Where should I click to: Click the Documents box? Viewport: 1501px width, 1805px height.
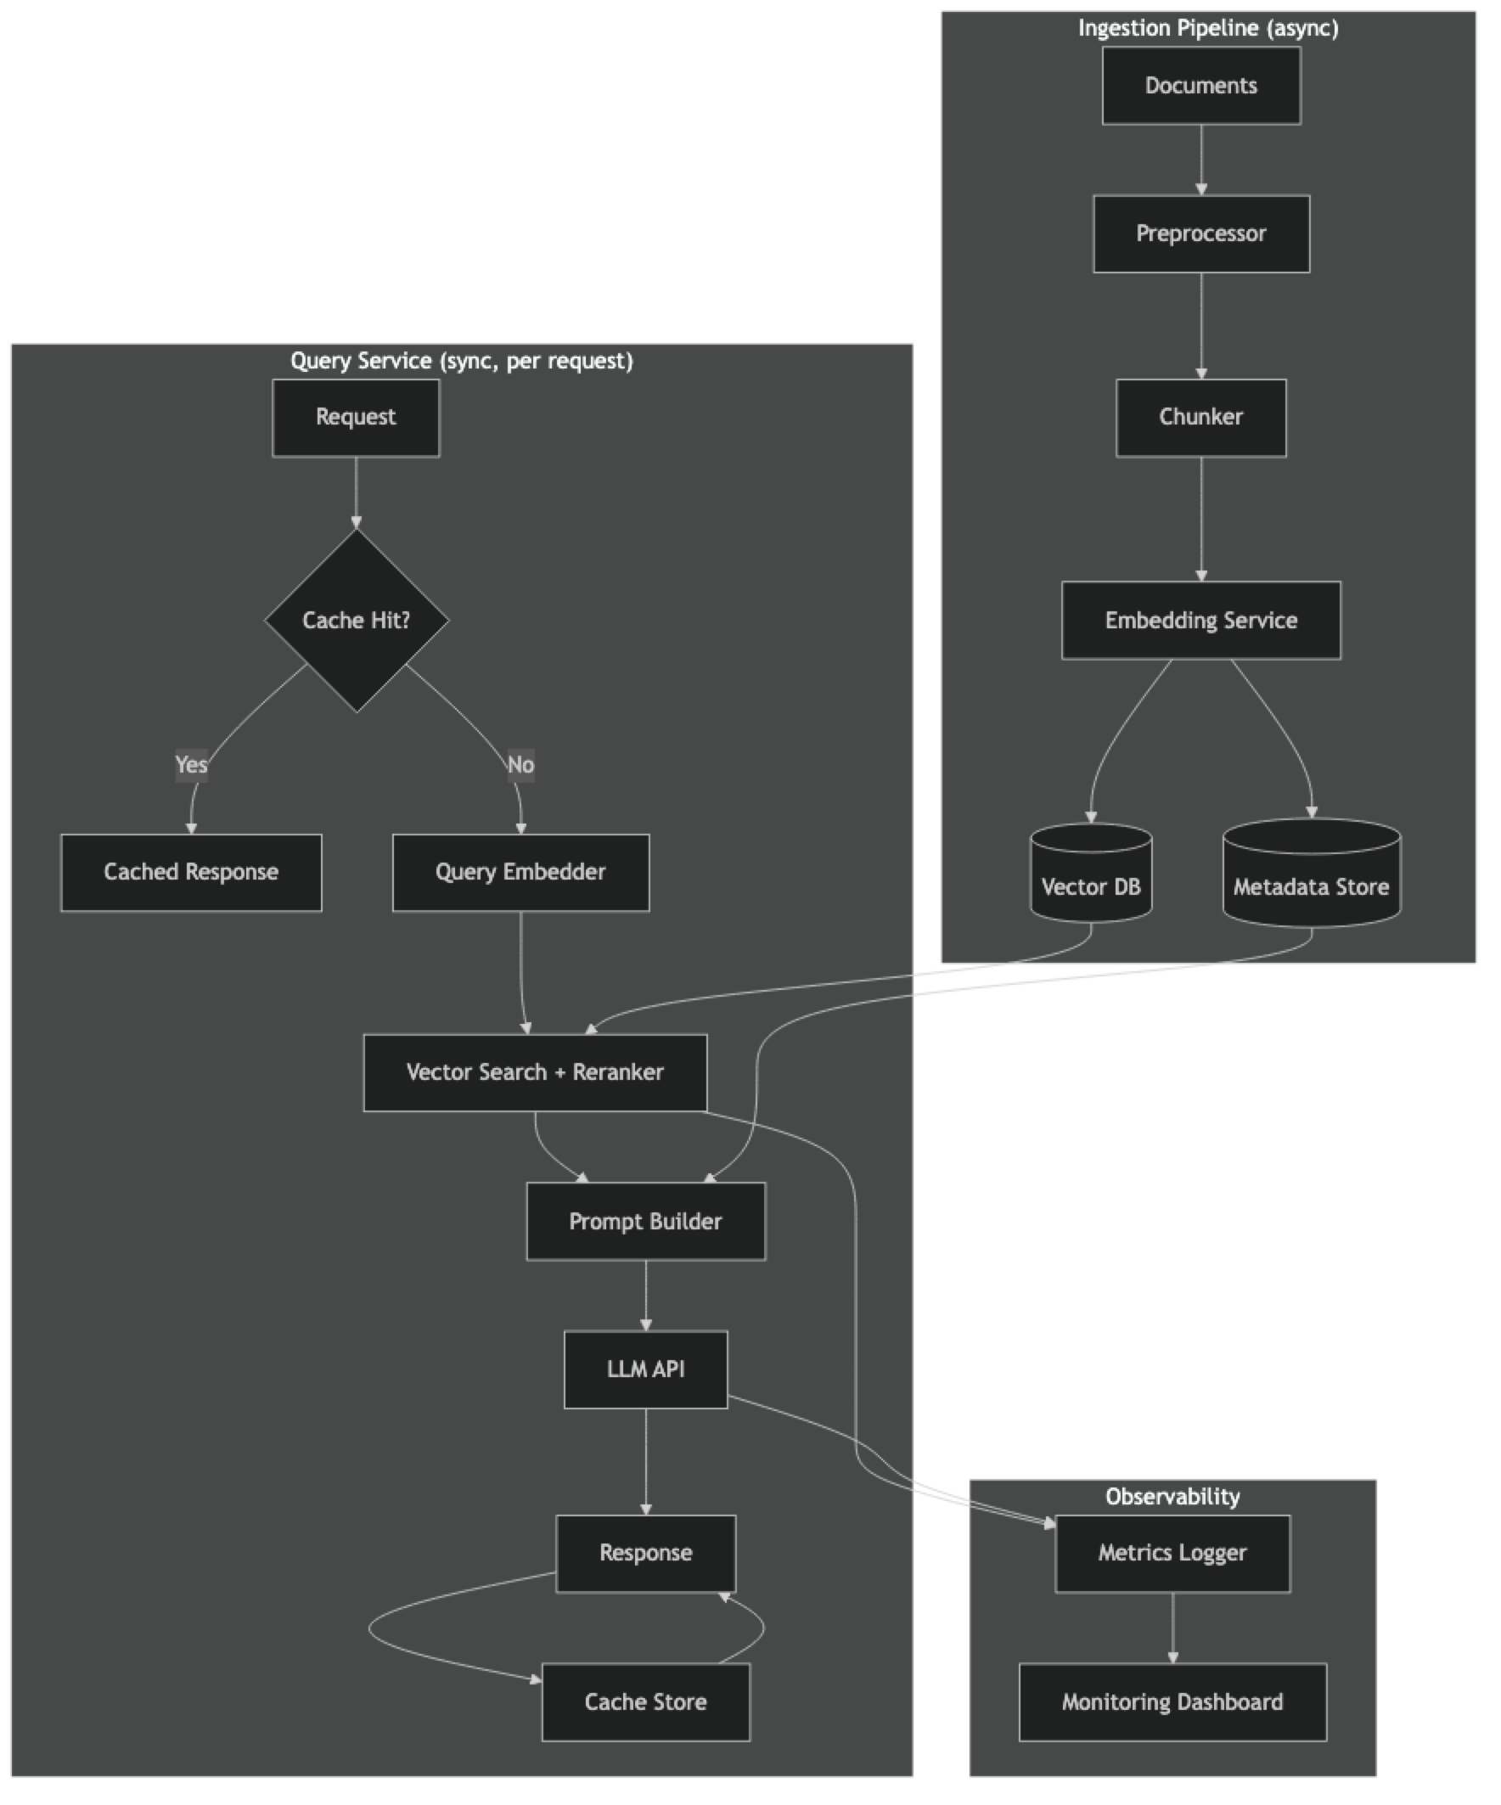1201,86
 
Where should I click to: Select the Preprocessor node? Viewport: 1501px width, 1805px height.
1201,233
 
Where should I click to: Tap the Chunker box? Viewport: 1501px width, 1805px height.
1201,418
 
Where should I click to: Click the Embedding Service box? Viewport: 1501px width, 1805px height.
1201,621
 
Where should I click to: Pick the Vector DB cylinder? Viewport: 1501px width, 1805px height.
1091,877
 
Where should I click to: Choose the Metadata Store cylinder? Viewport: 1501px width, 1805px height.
1311,877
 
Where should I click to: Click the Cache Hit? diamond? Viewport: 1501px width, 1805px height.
356,621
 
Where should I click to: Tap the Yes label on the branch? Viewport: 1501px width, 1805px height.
191,764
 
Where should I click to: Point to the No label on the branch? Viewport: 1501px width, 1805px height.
520,764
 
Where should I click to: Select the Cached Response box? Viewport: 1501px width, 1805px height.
191,873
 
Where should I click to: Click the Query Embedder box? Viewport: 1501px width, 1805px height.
520,873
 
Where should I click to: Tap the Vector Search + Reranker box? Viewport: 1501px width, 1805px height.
535,1072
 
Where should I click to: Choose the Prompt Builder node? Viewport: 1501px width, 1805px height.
645,1222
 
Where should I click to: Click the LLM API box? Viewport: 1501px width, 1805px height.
645,1370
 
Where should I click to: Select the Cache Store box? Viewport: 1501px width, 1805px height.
645,1702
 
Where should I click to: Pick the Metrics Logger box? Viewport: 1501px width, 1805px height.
1172,1553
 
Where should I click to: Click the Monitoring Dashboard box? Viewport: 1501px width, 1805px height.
1172,1702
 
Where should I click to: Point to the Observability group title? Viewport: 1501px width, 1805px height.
1172,1497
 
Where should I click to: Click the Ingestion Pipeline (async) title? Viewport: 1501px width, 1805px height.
1208,28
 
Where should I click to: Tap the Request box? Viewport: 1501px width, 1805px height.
356,418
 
